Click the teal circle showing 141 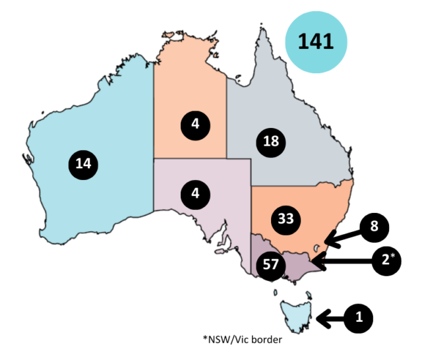(x=315, y=42)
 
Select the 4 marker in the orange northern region (x=196, y=123)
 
